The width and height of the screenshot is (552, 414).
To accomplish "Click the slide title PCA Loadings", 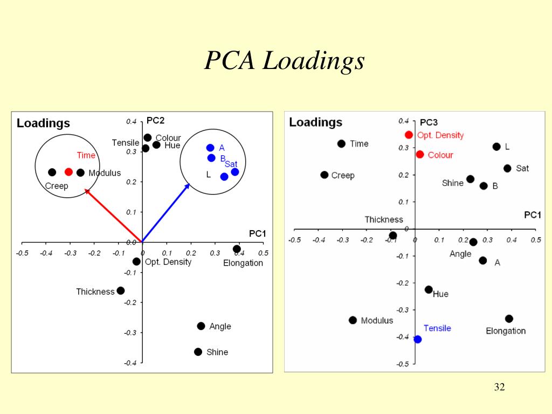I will point(284,61).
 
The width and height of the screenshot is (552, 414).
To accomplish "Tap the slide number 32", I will point(499,387).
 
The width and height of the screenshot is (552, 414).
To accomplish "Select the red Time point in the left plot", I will point(68,172).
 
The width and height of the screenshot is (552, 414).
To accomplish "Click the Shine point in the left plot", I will point(198,352).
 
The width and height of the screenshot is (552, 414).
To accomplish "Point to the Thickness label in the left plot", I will point(95,292).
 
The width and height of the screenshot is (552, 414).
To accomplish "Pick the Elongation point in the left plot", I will point(237,249).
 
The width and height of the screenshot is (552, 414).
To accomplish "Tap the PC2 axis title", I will point(155,121).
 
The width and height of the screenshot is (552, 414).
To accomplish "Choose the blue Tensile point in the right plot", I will point(417,339).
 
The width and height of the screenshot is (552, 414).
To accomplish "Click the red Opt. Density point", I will point(409,135).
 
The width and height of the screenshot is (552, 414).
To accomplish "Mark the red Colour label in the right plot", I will point(440,155).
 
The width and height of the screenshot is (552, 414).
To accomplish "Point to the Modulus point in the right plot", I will point(353,320).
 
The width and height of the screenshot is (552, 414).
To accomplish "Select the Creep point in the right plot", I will point(325,175).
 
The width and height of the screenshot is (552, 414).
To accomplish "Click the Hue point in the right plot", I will point(429,289).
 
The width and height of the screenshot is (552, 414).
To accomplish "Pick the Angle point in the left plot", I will point(201,326).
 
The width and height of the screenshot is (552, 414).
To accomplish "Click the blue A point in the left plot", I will point(210,148).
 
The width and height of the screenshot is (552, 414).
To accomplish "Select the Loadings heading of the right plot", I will point(316,122).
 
